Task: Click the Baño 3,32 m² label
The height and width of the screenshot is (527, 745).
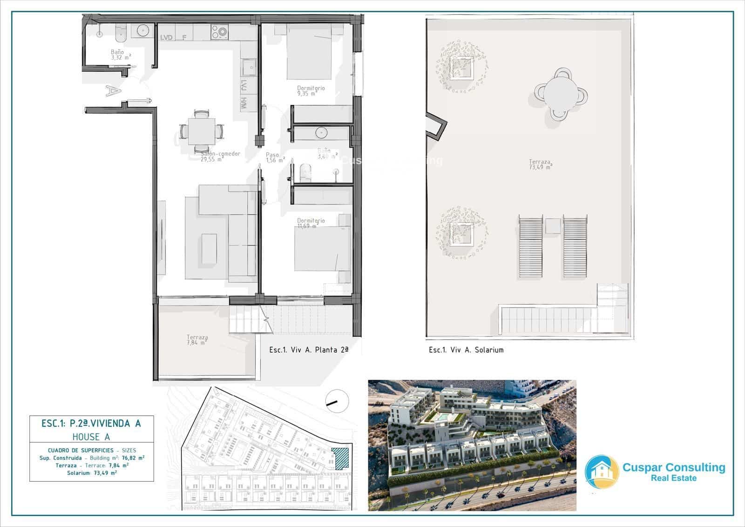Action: coord(120,55)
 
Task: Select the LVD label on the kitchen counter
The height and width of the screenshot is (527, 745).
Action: coord(166,38)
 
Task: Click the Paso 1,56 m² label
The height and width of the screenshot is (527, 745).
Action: coord(275,157)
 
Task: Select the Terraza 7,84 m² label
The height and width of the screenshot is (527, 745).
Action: coord(197,340)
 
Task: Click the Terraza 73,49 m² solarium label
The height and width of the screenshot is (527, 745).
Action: coord(540,164)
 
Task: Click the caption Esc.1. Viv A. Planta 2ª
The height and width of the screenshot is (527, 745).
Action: coord(309,350)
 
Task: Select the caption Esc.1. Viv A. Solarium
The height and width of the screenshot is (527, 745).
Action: coord(466,350)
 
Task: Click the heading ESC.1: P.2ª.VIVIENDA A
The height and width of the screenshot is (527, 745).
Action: coord(91,424)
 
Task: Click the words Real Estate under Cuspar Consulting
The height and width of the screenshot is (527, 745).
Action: coord(673,478)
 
